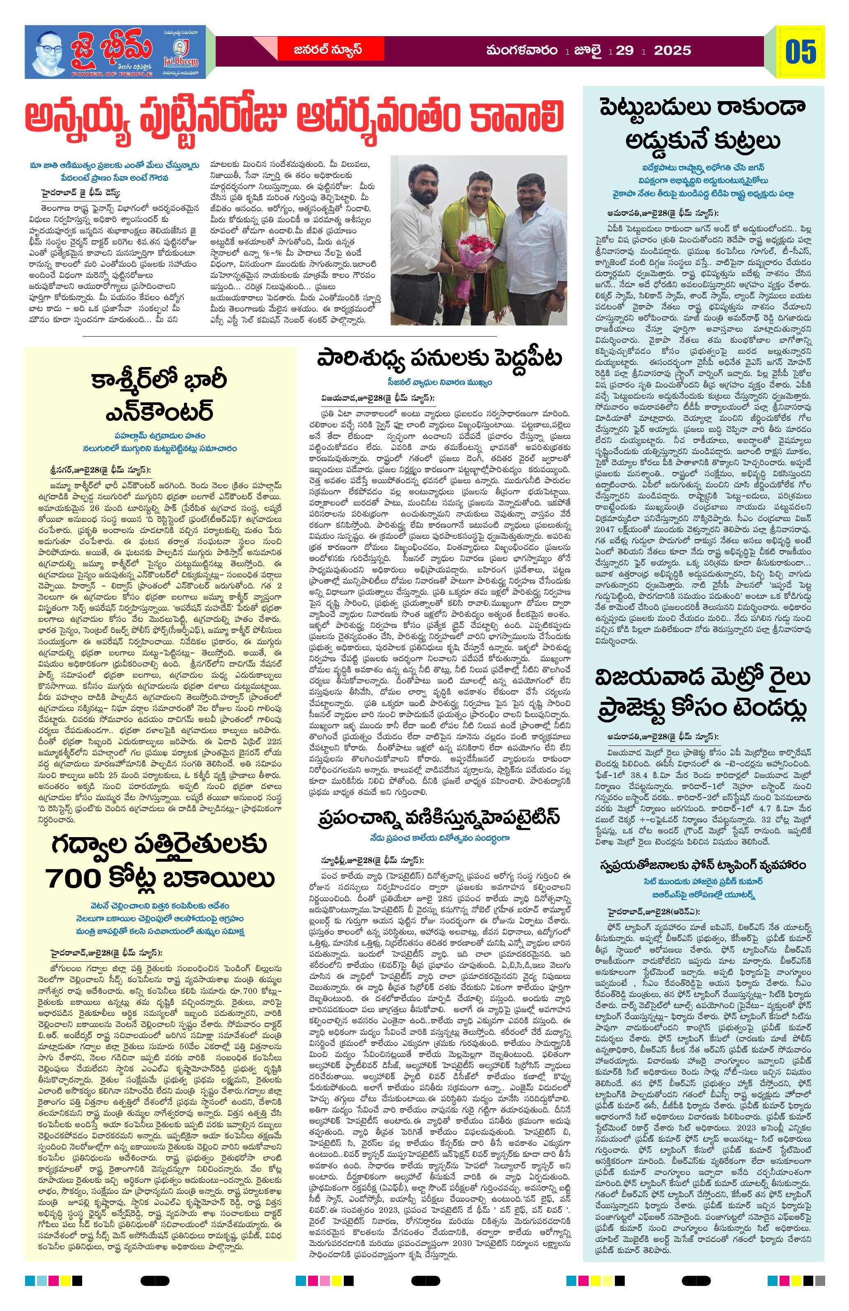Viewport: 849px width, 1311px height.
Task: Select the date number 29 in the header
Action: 624,51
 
